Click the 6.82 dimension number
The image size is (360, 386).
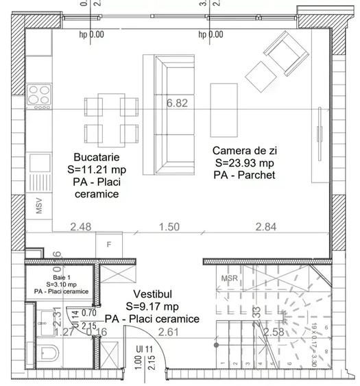(x=177, y=104)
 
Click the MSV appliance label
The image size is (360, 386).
(x=39, y=205)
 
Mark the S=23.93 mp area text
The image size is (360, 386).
(x=243, y=163)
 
